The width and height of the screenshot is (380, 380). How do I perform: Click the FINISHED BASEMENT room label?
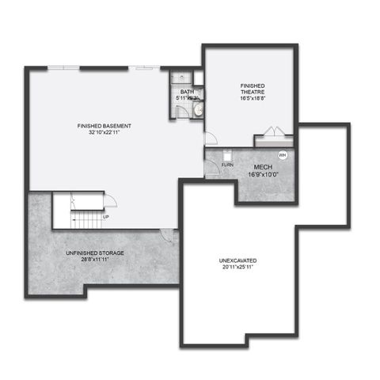point(104,126)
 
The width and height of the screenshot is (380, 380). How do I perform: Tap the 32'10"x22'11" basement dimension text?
point(104,133)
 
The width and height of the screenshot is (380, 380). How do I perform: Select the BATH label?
point(187,93)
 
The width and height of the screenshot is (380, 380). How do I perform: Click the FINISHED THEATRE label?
point(253,88)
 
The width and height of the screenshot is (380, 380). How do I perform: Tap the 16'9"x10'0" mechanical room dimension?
point(262,175)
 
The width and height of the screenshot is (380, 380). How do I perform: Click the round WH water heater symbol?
point(282,155)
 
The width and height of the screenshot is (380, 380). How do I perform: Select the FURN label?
point(227,165)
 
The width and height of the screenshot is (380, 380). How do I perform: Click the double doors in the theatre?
point(273,134)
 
